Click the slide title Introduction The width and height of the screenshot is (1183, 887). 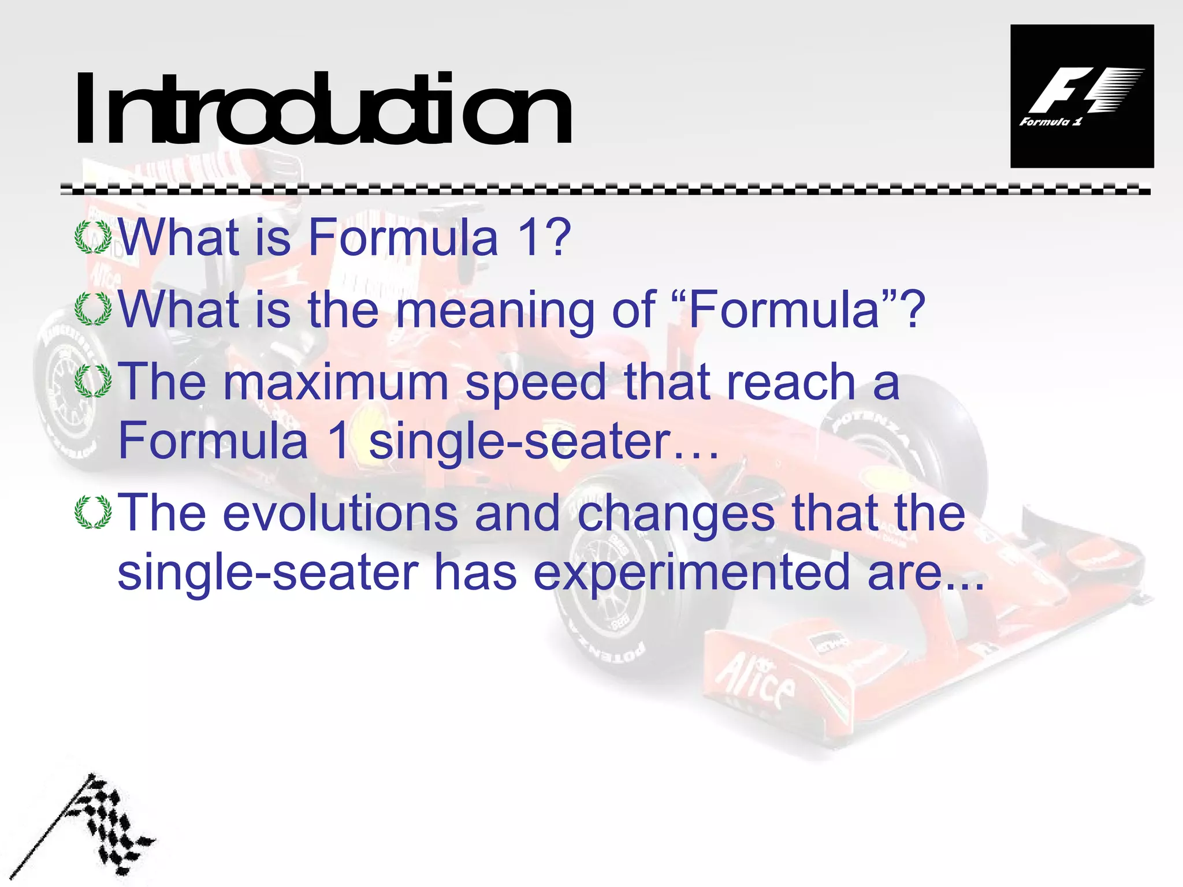tap(323, 110)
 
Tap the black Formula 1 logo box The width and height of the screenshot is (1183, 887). tap(1081, 96)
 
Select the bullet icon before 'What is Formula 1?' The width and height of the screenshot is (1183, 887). tap(93, 237)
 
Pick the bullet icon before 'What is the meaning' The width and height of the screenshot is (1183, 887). tap(93, 310)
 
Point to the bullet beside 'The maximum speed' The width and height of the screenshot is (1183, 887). tap(93, 381)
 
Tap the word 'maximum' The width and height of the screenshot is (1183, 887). tap(336, 382)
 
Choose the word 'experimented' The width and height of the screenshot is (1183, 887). tap(691, 575)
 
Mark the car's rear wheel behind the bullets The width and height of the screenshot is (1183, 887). tap(69, 393)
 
